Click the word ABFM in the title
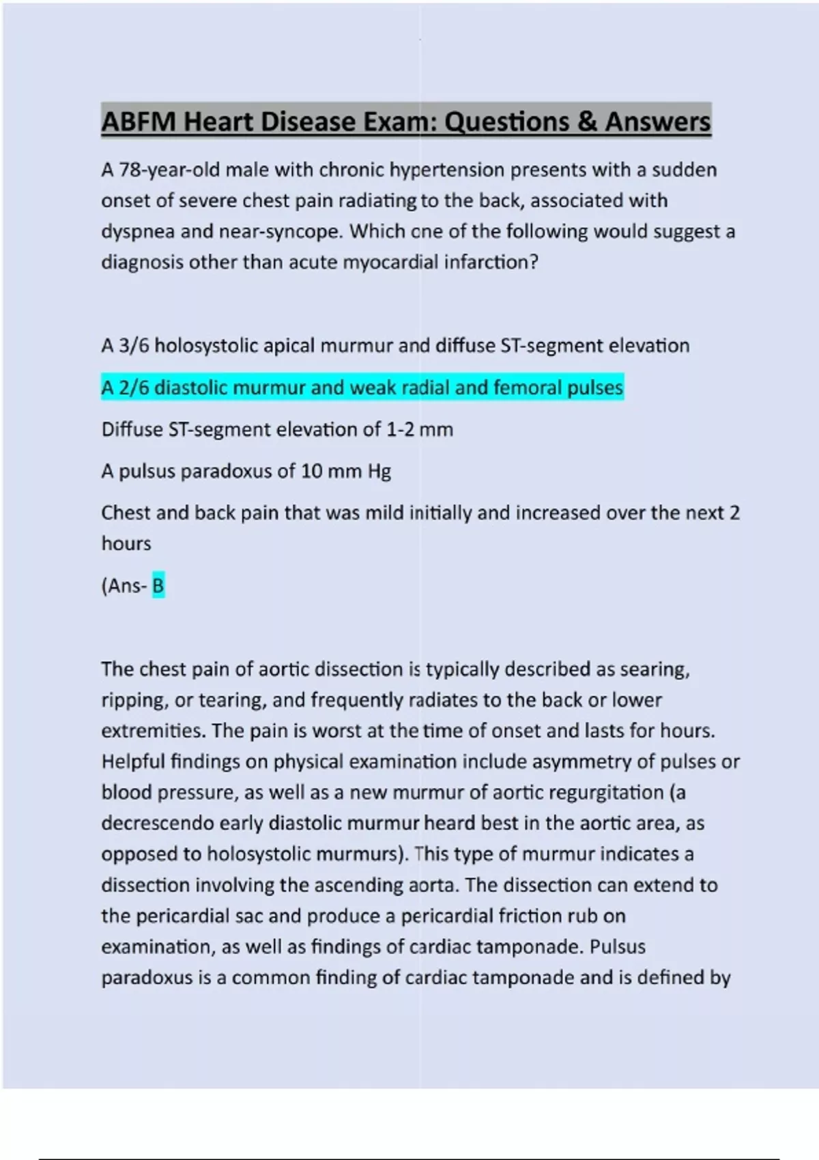click(139, 122)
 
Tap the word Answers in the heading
click(657, 122)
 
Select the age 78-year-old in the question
click(170, 170)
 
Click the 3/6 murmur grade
click(134, 346)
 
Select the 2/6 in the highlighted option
click(134, 388)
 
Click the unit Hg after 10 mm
click(379, 472)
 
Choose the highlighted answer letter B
click(158, 586)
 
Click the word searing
click(655, 669)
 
